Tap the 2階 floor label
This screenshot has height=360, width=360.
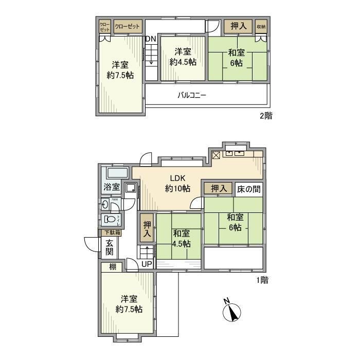point(265,116)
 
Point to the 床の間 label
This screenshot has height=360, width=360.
point(248,189)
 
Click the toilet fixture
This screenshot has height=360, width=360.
point(110,220)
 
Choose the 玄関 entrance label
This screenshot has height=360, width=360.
point(110,248)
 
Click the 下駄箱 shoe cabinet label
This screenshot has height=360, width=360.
point(109,233)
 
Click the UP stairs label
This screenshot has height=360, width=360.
point(147,264)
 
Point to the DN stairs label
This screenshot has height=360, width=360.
point(150,39)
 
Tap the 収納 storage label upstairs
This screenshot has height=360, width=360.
point(261,26)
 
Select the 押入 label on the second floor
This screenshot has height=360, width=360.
point(237,26)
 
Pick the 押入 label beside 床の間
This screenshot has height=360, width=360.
point(219,189)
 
